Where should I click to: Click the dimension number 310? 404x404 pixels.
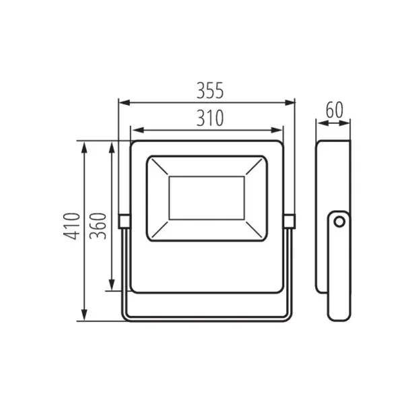pyautogui.click(x=207, y=118)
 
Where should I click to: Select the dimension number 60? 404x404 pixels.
pyautogui.click(x=334, y=110)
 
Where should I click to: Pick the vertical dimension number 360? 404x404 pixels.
pyautogui.click(x=98, y=230)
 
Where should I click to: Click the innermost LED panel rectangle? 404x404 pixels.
pyautogui.click(x=207, y=198)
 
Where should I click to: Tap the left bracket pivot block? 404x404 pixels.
pyautogui.click(x=124, y=220)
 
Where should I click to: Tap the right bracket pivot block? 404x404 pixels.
pyautogui.click(x=290, y=220)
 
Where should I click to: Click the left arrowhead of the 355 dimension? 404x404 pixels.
pyautogui.click(x=122, y=102)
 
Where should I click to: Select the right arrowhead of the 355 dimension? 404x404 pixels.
pyautogui.click(x=292, y=102)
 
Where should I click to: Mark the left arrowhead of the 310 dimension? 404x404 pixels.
pyautogui.click(x=134, y=130)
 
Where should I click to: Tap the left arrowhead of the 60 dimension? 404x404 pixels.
pyautogui.click(x=320, y=123)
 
